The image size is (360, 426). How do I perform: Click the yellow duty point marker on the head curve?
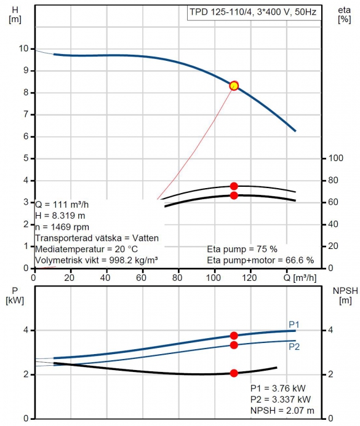point(234,86)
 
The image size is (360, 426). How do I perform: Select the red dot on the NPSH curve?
point(234,373)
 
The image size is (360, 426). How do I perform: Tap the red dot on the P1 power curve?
point(234,336)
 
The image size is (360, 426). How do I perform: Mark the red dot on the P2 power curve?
point(234,345)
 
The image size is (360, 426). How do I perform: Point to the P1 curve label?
point(294,325)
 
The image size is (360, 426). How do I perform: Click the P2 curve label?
point(294,347)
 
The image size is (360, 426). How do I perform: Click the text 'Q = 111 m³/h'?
point(62,205)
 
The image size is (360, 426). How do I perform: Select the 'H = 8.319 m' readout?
point(60,216)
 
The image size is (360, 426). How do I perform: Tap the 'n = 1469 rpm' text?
point(62,227)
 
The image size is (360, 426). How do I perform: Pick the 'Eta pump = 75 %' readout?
point(242,249)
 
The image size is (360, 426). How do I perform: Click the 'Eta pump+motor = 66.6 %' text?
point(260,260)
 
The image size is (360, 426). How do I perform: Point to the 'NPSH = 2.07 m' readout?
point(282,411)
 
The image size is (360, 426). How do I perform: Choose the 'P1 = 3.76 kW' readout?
point(278,389)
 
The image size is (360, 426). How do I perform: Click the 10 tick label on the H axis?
point(23,49)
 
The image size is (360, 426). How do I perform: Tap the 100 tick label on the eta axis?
point(336,158)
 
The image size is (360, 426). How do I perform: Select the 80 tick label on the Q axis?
point(177,278)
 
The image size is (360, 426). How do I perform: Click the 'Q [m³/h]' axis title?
point(300,278)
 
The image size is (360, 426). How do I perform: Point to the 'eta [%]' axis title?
point(345,15)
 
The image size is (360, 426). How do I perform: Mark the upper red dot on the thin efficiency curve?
point(234,186)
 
